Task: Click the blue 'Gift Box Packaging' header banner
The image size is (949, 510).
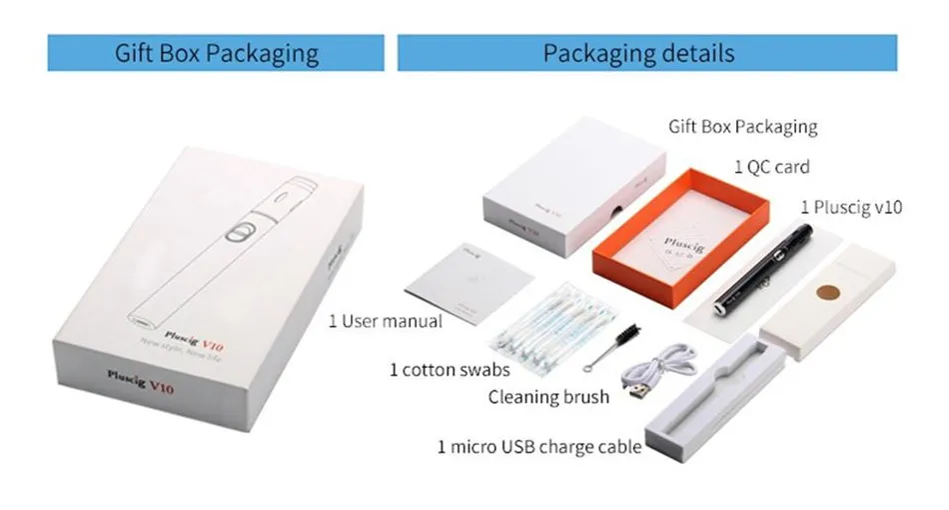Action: tap(216, 53)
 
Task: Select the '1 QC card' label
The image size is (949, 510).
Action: tap(771, 167)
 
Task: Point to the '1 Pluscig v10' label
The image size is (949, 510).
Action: tap(851, 208)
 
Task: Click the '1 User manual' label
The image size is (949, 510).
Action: tap(385, 321)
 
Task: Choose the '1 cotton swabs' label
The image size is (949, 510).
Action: tap(450, 370)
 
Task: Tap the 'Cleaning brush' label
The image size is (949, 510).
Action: tap(547, 397)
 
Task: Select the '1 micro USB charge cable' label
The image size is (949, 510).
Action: tap(538, 446)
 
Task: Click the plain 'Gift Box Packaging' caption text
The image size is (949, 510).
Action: tap(742, 127)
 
